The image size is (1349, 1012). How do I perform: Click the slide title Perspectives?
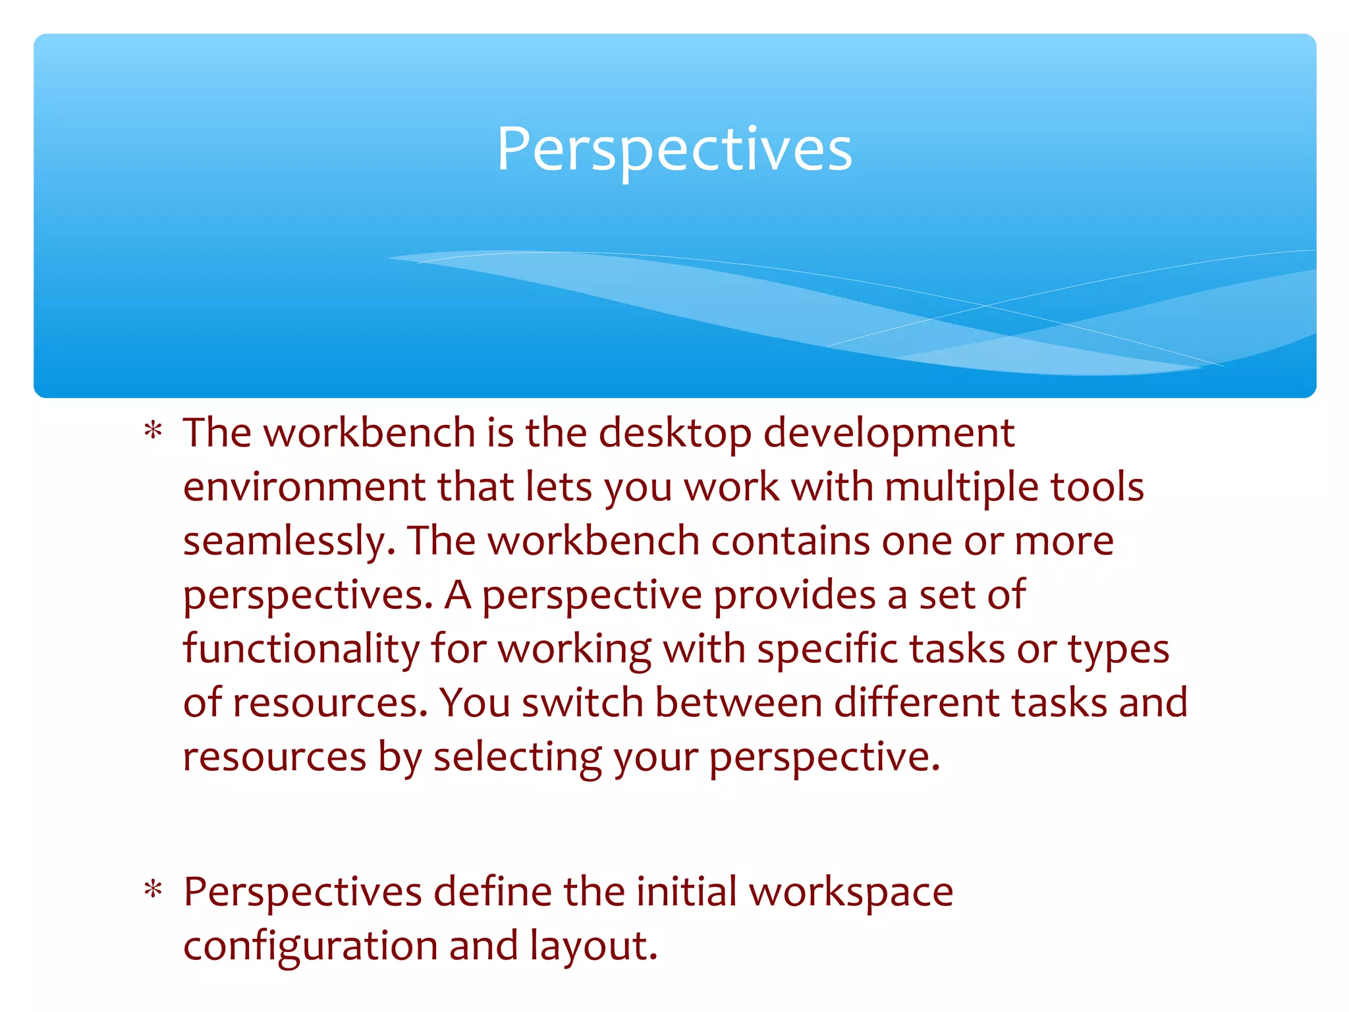(674, 150)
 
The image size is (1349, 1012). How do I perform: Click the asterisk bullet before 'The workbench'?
(153, 432)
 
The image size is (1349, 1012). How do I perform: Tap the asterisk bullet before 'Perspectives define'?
(153, 890)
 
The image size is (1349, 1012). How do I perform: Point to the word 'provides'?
(794, 596)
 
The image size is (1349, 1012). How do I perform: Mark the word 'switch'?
(582, 703)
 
